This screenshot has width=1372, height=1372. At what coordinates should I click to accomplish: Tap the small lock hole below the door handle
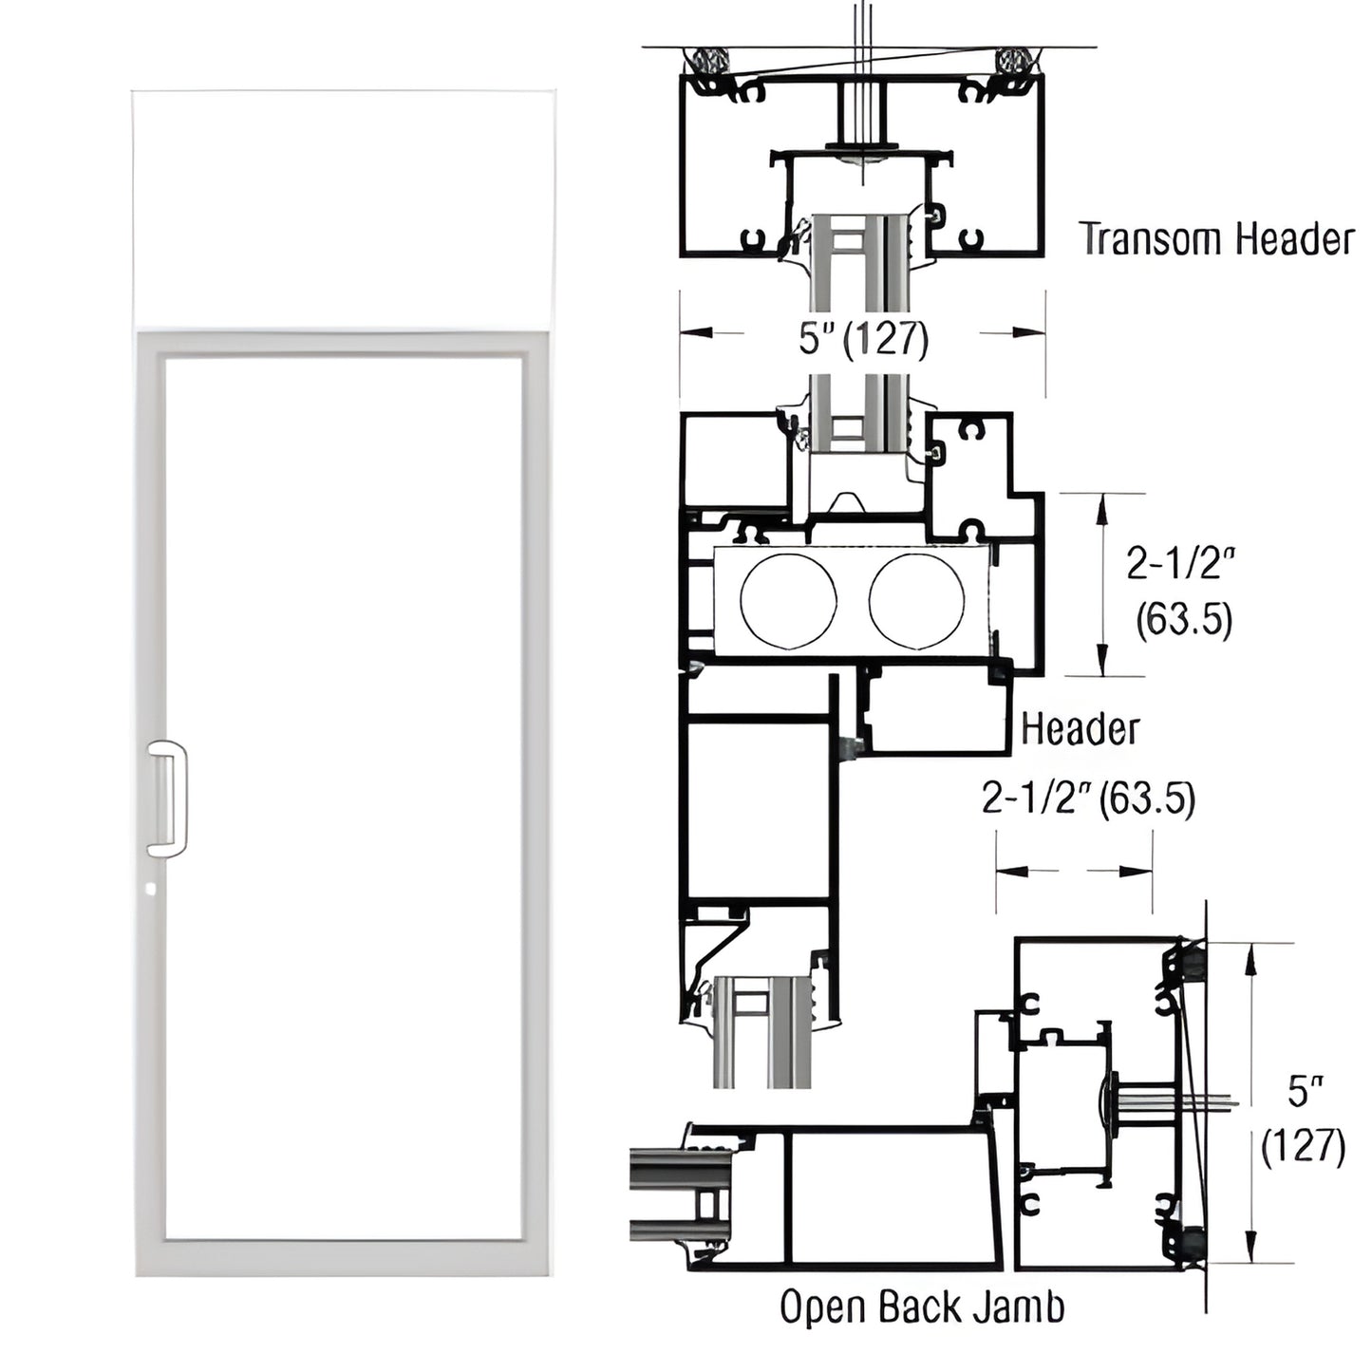[x=153, y=892]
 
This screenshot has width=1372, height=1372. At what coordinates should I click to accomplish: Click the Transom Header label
[x=1216, y=239]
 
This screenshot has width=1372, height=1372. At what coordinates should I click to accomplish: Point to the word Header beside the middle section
[x=1080, y=729]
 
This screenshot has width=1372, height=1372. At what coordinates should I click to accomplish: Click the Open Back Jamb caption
[x=921, y=1307]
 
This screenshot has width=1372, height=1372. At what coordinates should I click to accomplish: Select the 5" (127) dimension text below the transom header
[x=862, y=338]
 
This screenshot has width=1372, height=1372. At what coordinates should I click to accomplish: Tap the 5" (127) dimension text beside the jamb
[x=1303, y=1119]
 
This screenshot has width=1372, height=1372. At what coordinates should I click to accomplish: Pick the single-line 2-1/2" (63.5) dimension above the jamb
[x=1088, y=799]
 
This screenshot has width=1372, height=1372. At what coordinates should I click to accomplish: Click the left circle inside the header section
[x=788, y=602]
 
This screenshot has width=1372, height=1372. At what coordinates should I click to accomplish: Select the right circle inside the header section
[x=916, y=602]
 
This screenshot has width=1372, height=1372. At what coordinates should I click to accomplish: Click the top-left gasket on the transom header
[x=707, y=62]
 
